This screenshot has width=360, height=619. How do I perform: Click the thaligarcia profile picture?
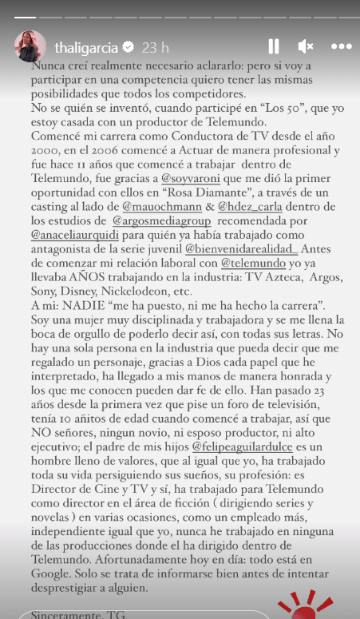[x=30, y=47]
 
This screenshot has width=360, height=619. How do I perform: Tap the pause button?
[x=274, y=46]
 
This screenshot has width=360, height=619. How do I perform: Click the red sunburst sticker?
[x=295, y=605]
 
